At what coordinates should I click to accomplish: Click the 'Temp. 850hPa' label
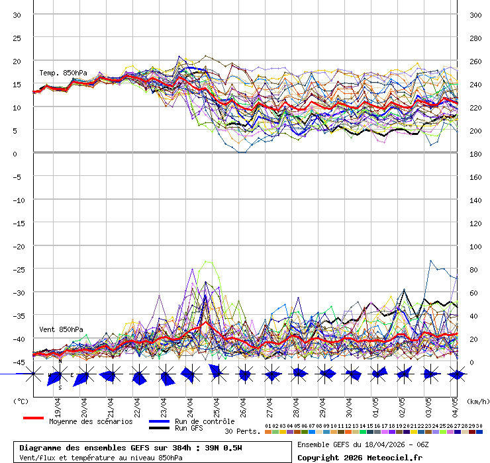point(63,73)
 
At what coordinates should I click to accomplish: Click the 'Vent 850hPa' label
point(61,329)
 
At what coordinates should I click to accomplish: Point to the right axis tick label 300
point(475,15)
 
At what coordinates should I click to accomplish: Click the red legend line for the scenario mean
point(33,419)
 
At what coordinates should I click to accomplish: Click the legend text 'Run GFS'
point(189,429)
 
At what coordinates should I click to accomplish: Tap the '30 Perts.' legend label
point(242,431)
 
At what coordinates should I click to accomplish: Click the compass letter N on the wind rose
point(60,361)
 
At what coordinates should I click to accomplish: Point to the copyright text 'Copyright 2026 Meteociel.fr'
point(360,457)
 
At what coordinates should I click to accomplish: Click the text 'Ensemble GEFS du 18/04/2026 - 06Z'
point(363,444)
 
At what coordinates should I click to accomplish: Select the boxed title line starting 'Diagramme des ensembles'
point(130,448)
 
